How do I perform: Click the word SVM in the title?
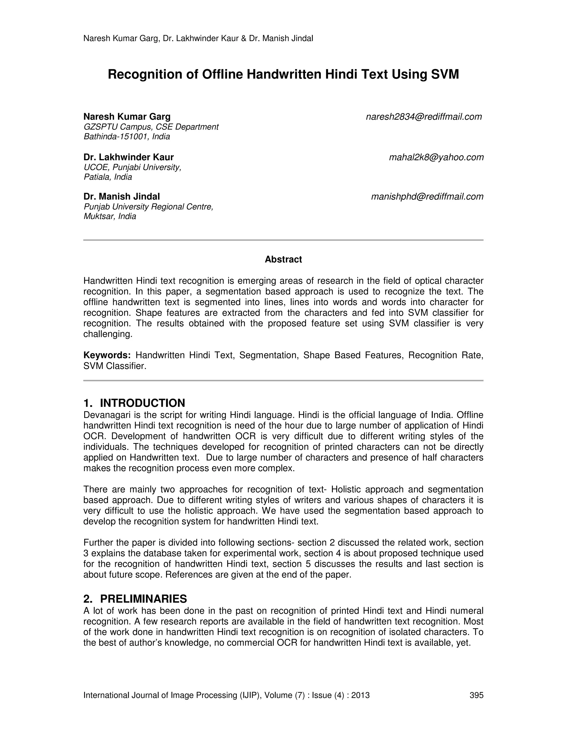tap(444, 74)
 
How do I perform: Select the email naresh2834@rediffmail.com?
tap(424, 117)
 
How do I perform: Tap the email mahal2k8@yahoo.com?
tap(436, 157)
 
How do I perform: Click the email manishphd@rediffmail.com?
tap(427, 197)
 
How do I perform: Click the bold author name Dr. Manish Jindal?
tap(122, 196)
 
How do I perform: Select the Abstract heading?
tap(283, 259)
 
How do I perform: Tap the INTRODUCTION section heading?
tap(142, 403)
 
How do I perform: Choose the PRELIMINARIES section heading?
tap(143, 599)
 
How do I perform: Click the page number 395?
tap(476, 695)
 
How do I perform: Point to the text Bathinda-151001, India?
tap(127, 137)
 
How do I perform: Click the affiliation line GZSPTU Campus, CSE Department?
tap(151, 127)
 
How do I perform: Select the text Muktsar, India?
tap(110, 217)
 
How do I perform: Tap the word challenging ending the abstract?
tap(107, 334)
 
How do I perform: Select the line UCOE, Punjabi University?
tap(132, 167)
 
